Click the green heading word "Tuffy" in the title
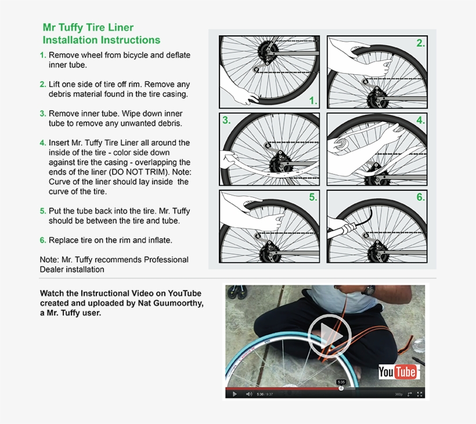point(70,28)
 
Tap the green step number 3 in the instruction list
point(42,114)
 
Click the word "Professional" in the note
point(166,260)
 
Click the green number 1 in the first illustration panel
point(313,100)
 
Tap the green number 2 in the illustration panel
point(420,43)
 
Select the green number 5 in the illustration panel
point(313,197)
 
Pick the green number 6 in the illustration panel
point(420,197)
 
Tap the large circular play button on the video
point(330,335)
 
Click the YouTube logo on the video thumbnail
point(399,372)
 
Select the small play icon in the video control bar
point(235,394)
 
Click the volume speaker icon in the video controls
point(249,394)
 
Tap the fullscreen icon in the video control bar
point(420,394)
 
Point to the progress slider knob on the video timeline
point(341,388)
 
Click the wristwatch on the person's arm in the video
point(369,290)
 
